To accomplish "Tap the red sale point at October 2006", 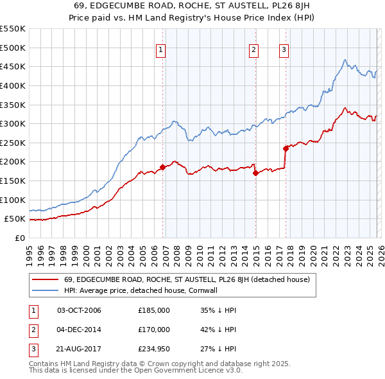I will pyautogui.click(x=162, y=167).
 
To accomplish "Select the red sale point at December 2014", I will pyautogui.click(x=255, y=173).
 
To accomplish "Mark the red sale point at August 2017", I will pyautogui.click(x=286, y=148).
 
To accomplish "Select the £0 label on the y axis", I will pyautogui.click(x=19, y=238).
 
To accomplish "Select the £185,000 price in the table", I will pyautogui.click(x=153, y=310).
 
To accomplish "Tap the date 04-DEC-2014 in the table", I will pyautogui.click(x=79, y=330).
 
